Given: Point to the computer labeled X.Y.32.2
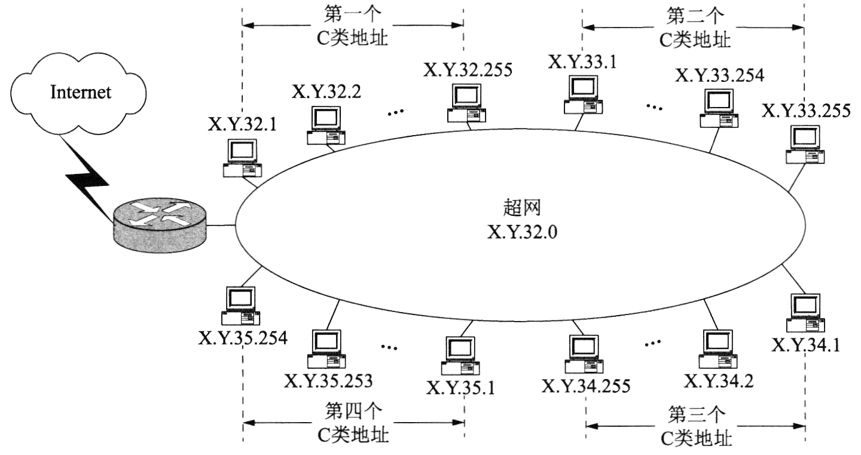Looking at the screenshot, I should (x=325, y=125).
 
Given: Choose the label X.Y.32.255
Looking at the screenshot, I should (x=468, y=70).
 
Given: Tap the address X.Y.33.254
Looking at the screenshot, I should (x=719, y=76).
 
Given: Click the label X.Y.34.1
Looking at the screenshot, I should (x=806, y=345).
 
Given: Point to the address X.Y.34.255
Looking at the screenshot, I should (x=586, y=386).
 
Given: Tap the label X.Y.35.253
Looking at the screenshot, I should (x=328, y=380).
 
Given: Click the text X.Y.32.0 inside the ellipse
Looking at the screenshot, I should (x=523, y=231).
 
